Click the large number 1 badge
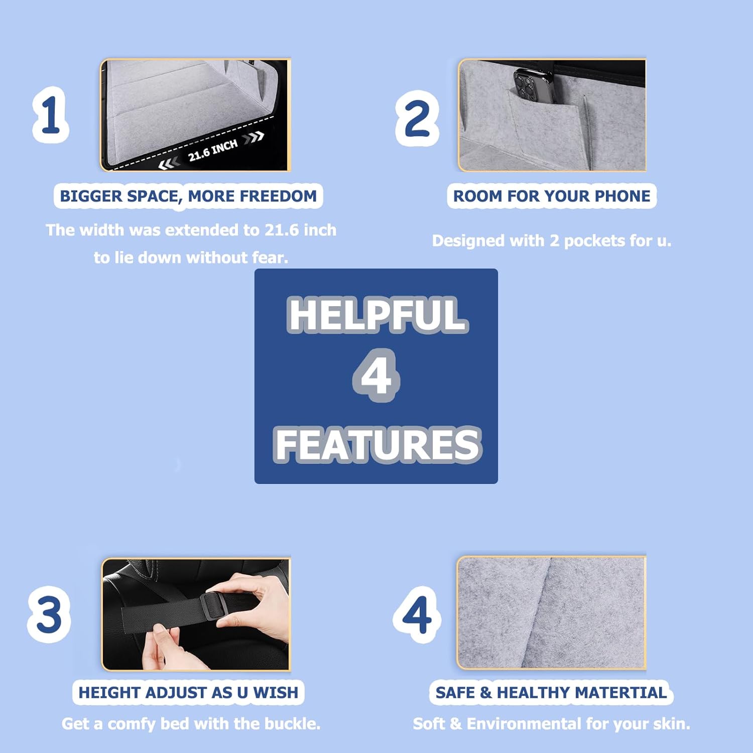(51, 115)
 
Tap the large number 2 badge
(417, 118)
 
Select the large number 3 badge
(49, 614)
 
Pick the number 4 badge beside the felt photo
(417, 614)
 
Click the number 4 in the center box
(376, 375)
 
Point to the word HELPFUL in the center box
(378, 315)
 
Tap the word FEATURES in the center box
(378, 444)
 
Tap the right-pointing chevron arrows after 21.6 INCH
(254, 137)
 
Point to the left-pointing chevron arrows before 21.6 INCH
(169, 164)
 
